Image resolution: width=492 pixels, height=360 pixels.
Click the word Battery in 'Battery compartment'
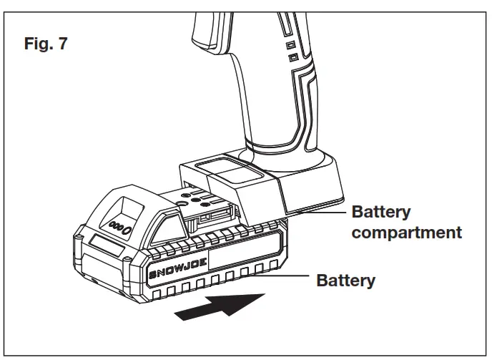(380, 213)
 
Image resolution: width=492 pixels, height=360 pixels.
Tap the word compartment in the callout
(406, 233)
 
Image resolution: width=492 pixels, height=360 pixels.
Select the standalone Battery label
(345, 281)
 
